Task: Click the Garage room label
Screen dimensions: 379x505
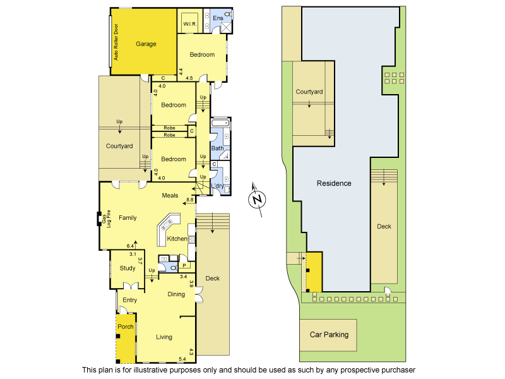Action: (146, 44)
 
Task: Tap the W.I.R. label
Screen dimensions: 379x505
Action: (190, 24)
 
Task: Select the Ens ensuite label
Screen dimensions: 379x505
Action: (218, 18)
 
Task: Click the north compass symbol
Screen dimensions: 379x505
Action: (256, 199)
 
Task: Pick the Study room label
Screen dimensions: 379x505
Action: (128, 268)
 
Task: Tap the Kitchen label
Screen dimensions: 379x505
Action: (177, 239)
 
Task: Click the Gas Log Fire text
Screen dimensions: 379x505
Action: (109, 218)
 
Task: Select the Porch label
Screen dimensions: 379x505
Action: (126, 327)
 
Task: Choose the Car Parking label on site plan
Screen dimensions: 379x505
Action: (328, 335)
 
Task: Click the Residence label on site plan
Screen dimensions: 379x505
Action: (334, 183)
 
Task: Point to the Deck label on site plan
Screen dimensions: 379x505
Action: (384, 226)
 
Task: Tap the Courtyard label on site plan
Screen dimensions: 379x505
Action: (309, 92)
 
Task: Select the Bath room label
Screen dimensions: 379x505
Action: (217, 148)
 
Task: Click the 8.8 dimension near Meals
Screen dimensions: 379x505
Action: (189, 200)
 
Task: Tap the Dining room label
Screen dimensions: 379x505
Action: (176, 294)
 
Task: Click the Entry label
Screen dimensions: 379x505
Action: (130, 300)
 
